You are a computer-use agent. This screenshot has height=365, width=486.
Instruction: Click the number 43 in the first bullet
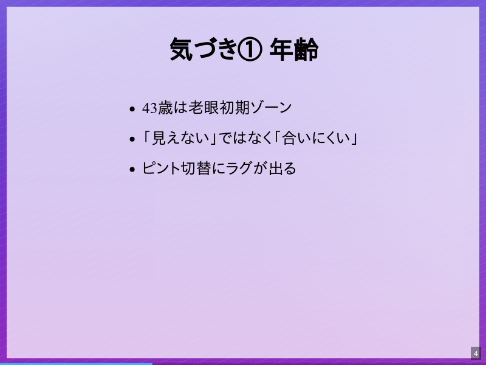point(149,108)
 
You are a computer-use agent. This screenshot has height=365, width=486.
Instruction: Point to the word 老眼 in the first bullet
point(203,108)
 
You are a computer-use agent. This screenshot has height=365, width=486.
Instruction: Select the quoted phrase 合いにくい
point(317,138)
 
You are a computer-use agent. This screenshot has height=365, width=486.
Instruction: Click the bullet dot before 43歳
point(132,109)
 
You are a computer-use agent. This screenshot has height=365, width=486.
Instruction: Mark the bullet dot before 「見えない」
point(132,140)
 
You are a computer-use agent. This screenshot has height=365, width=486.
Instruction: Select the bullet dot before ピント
point(132,170)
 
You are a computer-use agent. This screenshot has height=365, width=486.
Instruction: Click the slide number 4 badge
point(476,353)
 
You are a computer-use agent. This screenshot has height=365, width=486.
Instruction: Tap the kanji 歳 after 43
point(165,108)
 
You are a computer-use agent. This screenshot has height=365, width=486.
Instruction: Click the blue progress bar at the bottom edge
point(76,363)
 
